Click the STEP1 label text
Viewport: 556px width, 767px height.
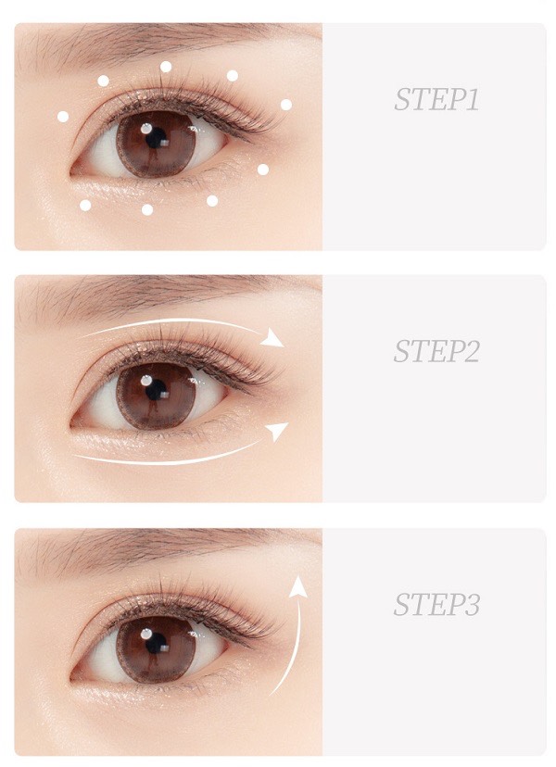[x=436, y=99]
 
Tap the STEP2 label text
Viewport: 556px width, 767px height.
[x=436, y=351]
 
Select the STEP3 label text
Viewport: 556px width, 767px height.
[x=436, y=605]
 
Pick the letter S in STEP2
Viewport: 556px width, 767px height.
[x=401, y=351]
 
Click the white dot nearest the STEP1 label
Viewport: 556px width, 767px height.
[x=286, y=105]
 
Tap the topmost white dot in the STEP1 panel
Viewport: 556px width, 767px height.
[x=166, y=67]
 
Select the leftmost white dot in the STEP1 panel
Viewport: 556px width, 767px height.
[x=63, y=117]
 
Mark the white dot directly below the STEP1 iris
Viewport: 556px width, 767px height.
[x=147, y=210]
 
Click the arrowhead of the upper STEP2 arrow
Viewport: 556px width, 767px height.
[x=272, y=338]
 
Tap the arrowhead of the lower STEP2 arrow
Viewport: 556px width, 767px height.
[x=276, y=431]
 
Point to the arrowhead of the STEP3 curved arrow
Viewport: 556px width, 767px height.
[x=297, y=586]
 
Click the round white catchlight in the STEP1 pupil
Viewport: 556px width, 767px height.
[x=146, y=129]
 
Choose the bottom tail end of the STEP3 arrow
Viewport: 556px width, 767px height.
[x=271, y=695]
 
